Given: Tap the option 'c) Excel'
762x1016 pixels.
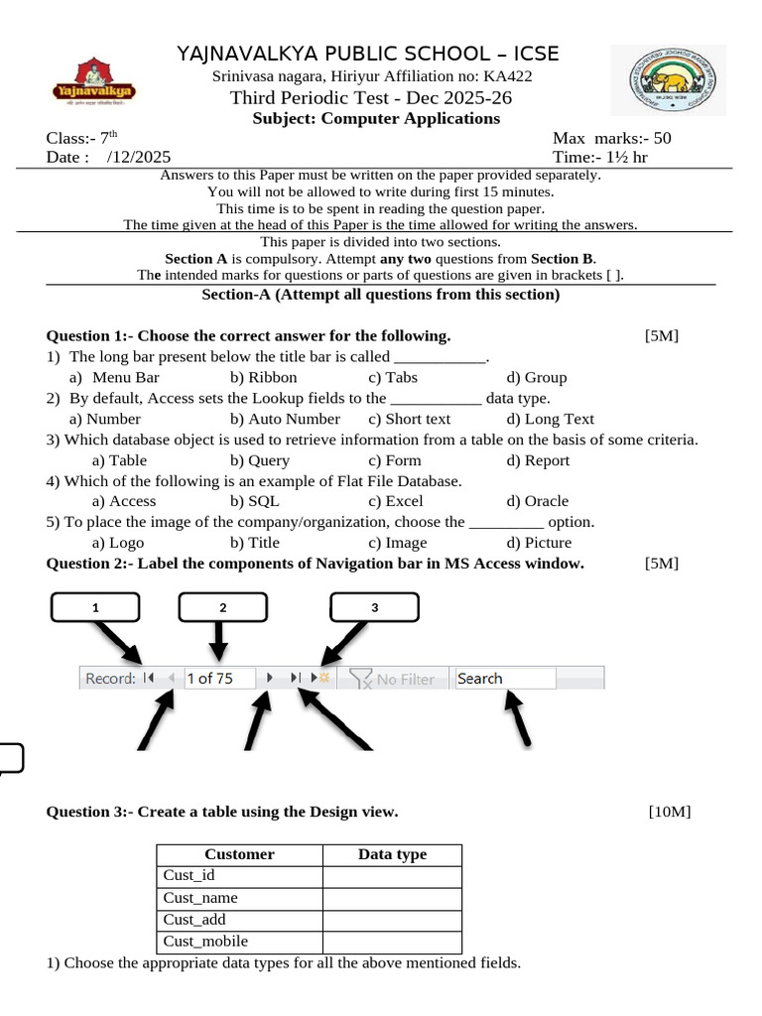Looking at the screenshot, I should tap(395, 501).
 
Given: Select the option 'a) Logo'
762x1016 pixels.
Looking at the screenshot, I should tap(117, 543).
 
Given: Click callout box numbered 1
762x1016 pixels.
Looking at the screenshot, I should tap(95, 607).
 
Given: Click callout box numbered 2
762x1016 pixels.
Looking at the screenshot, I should tap(223, 607).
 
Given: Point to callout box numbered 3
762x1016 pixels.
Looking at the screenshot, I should tap(374, 607).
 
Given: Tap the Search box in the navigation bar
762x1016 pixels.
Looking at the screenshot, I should tap(504, 679).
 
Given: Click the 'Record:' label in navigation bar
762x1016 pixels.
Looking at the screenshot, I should tap(109, 679).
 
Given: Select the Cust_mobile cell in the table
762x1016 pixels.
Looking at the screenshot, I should tap(239, 942).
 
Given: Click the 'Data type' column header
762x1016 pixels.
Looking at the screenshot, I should tap(392, 854).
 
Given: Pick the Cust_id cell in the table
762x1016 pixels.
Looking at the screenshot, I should tap(239, 876).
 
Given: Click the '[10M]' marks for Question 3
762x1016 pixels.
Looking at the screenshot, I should tap(669, 812).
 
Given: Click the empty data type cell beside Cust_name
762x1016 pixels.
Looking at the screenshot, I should tap(392, 898).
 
